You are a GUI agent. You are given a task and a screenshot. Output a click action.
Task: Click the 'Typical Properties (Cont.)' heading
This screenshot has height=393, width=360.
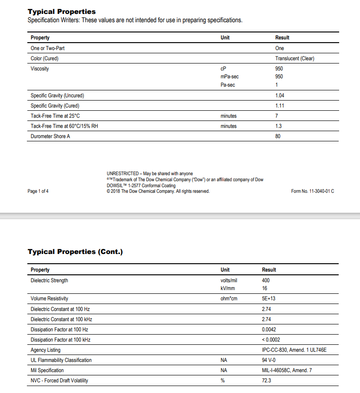pyautogui.click(x=75, y=252)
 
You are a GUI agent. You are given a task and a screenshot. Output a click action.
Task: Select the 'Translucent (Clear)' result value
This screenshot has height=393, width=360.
pyautogui.click(x=295, y=58)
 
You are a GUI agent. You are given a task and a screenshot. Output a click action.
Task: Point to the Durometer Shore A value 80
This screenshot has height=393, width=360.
pyautogui.click(x=278, y=136)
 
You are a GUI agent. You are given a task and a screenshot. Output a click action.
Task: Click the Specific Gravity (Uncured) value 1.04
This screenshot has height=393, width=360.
pyautogui.click(x=279, y=95)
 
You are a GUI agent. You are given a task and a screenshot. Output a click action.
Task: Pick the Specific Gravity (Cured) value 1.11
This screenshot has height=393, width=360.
pyautogui.click(x=279, y=106)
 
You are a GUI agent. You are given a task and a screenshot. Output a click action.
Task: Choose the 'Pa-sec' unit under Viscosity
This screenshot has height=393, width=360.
pyautogui.click(x=228, y=85)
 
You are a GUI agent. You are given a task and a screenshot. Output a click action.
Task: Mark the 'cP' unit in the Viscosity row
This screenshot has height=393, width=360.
pyautogui.click(x=224, y=69)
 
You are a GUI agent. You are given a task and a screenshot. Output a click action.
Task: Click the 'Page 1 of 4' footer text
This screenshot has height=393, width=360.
pyautogui.click(x=38, y=191)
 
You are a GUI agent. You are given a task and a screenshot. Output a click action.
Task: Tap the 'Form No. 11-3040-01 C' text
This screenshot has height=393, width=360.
pyautogui.click(x=312, y=191)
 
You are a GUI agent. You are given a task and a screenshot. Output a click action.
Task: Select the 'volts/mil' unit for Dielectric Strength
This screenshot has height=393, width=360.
pyautogui.click(x=229, y=280)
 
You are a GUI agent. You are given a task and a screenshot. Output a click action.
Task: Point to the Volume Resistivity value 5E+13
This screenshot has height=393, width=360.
pyautogui.click(x=269, y=298)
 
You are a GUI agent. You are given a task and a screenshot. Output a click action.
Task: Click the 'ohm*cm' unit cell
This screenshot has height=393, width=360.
pyautogui.click(x=229, y=298)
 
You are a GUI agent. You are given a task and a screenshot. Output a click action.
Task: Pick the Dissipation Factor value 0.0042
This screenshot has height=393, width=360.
pyautogui.click(x=269, y=330)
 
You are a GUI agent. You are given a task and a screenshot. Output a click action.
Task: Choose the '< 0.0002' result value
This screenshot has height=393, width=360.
pyautogui.click(x=271, y=340)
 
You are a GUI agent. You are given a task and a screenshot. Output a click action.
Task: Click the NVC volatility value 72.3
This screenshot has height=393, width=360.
pyautogui.click(x=266, y=380)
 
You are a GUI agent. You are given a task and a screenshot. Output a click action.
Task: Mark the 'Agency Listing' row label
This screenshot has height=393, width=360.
pyautogui.click(x=45, y=350)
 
